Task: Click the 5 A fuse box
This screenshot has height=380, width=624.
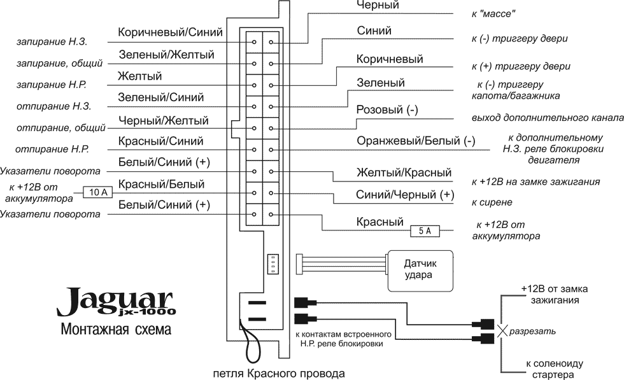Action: pos(425,231)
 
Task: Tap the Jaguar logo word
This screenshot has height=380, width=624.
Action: pos(115,300)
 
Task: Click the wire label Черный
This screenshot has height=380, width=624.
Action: pos(378,6)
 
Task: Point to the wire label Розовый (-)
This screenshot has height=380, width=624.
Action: pos(387,109)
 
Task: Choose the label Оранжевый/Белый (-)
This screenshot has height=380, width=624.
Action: pos(416,141)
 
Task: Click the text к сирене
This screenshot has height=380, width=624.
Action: pos(492,202)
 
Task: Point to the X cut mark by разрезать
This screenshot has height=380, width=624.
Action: pos(502,331)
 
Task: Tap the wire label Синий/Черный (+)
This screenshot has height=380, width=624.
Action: pos(406,194)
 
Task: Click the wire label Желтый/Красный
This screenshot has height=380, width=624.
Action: pos(404,172)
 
